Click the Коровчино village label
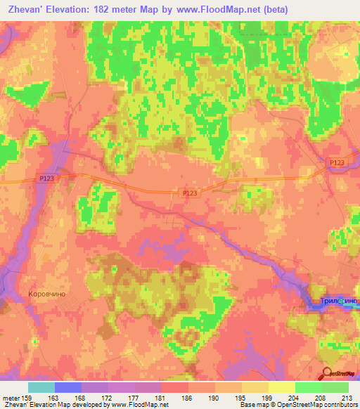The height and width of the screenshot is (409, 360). click(x=48, y=294)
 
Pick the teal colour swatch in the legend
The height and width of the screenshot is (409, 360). click(x=41, y=387)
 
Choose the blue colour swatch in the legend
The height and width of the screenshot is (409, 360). click(x=68, y=387)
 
